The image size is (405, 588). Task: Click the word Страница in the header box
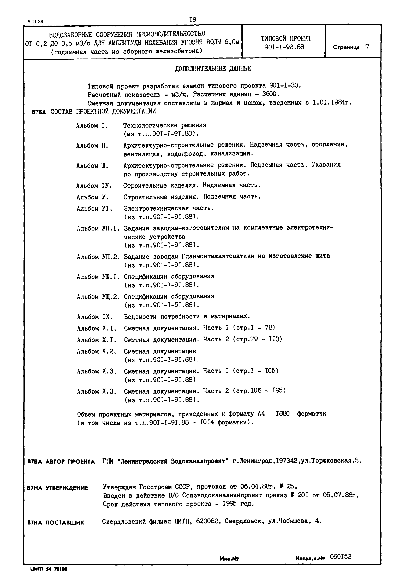[x=346, y=47]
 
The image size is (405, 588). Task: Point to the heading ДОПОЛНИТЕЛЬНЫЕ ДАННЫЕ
[x=213, y=69]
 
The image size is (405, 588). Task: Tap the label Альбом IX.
[x=95, y=317]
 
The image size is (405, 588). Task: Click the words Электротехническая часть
[x=169, y=208]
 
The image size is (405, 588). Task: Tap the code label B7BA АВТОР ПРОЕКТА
[x=61, y=462]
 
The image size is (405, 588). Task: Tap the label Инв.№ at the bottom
[x=229, y=558]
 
